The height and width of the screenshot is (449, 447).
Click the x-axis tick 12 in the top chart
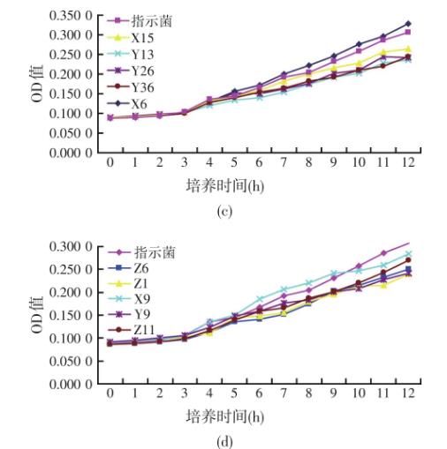pos(407,164)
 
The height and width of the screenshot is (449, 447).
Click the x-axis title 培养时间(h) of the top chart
pos(225,185)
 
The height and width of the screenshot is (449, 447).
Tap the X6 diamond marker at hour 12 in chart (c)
pos(407,24)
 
